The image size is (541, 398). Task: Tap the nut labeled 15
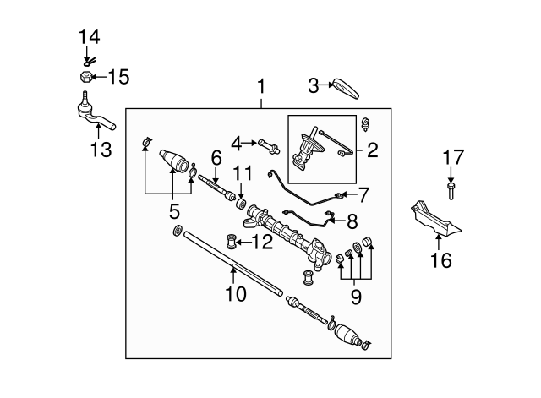(x=85, y=78)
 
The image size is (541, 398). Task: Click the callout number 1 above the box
(x=261, y=86)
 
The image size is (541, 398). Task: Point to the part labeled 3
(x=345, y=85)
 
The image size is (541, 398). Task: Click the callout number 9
(x=356, y=297)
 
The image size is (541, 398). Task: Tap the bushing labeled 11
(x=241, y=204)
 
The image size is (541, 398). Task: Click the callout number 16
(x=440, y=261)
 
